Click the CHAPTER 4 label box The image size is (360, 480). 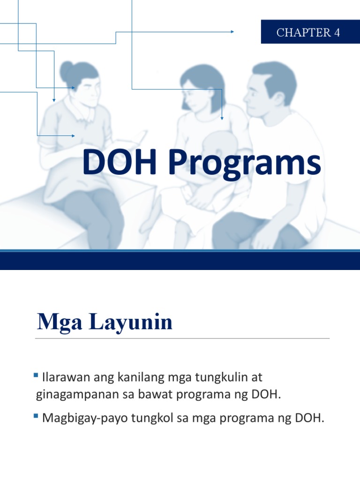click(310, 32)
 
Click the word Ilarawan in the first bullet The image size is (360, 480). click(62, 377)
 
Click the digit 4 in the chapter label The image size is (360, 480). click(337, 32)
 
